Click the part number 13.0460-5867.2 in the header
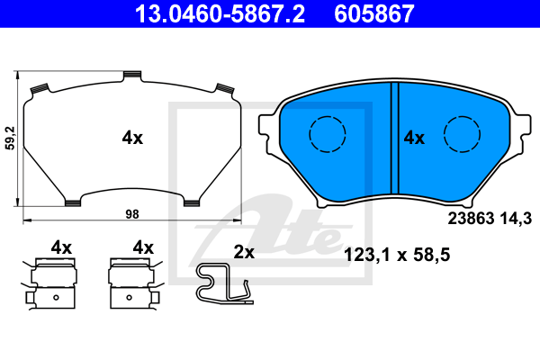pos(220,13)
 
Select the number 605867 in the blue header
pos(374,13)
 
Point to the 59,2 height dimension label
pos(11,138)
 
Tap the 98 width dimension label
pos(132,214)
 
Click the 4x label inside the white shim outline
pos(132,138)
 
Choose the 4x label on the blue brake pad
pos(414,138)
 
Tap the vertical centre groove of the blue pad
pos(395,138)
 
